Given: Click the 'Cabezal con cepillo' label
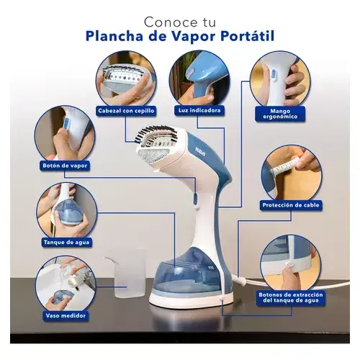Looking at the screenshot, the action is click(x=126, y=111).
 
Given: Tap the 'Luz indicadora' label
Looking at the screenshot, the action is click(x=199, y=110).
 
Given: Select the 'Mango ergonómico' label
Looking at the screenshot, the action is click(x=280, y=114).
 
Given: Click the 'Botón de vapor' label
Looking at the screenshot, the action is click(x=65, y=166).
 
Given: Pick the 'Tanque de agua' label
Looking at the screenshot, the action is click(x=66, y=243).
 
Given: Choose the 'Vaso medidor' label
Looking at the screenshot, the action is click(x=66, y=315).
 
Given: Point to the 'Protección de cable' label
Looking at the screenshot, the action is click(x=291, y=205).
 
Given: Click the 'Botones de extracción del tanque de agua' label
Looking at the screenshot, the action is click(x=291, y=297).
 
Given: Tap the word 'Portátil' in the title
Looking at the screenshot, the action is click(x=248, y=36).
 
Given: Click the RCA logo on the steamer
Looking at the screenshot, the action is click(x=200, y=152).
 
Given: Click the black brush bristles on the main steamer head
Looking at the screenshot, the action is click(x=156, y=133).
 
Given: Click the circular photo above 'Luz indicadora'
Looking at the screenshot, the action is click(x=199, y=78).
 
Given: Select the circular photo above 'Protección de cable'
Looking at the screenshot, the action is click(x=291, y=174).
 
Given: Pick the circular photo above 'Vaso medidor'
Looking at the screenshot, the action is click(x=66, y=284).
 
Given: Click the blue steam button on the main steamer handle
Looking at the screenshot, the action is click(x=195, y=198).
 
